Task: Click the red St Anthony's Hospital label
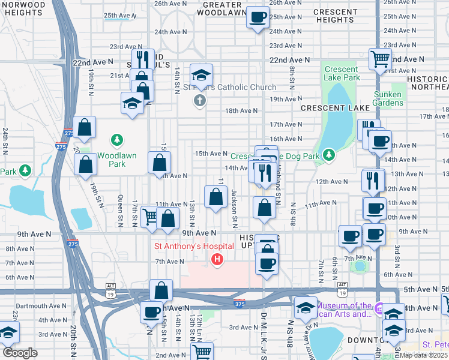185,246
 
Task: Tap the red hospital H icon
217,259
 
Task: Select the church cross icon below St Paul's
200,100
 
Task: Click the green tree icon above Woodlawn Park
117,140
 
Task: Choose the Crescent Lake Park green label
342,73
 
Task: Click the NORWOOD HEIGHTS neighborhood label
23,8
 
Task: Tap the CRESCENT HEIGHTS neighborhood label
336,16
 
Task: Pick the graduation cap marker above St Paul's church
201,75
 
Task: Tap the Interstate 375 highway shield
240,303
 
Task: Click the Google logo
20,353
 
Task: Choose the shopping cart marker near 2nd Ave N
203,352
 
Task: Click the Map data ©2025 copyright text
424,355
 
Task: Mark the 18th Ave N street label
241,110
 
